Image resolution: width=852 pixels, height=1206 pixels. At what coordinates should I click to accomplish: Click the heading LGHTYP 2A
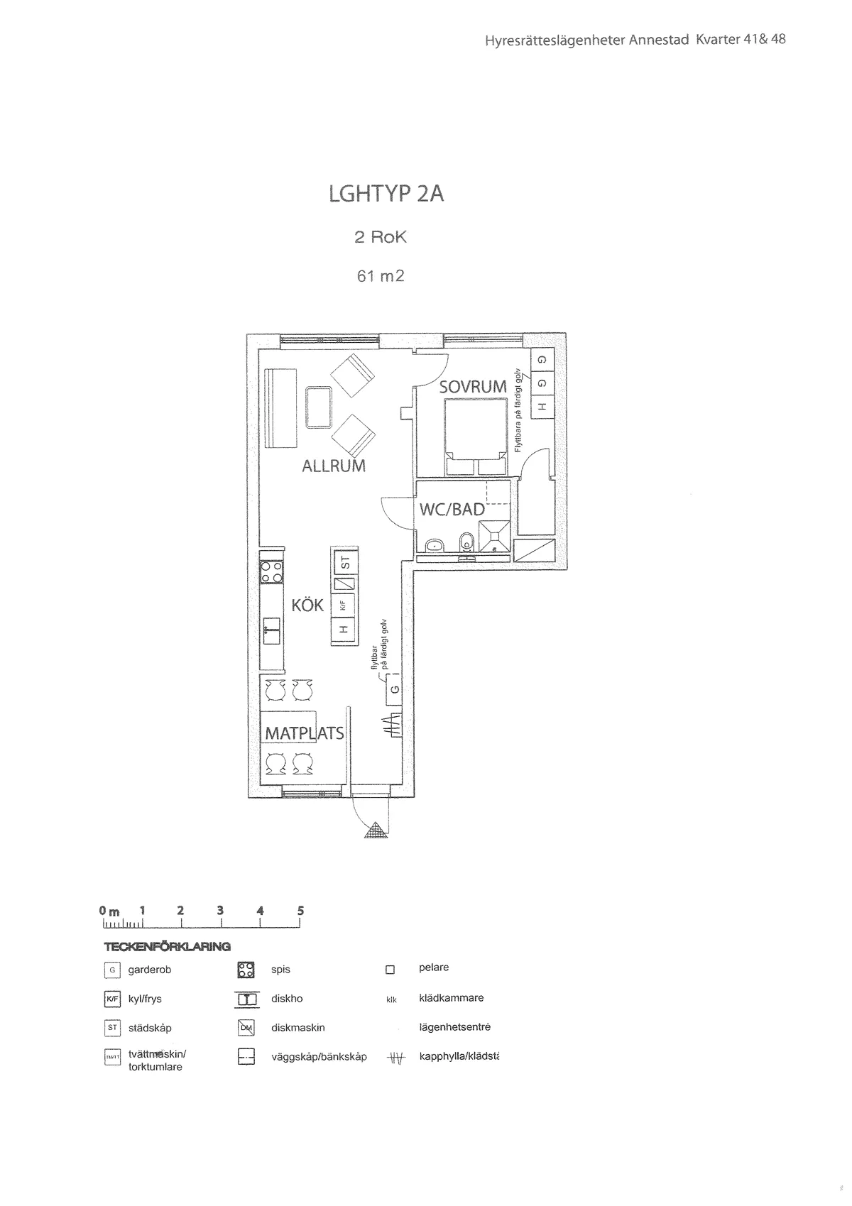tap(386, 193)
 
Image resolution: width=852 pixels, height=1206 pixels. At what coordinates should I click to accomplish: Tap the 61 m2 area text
tap(381, 276)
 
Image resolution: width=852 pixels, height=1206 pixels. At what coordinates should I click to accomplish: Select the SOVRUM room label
tap(472, 387)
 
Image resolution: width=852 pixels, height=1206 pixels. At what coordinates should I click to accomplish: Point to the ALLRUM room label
tap(334, 466)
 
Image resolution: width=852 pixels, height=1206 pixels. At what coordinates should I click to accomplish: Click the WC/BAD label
tap(452, 510)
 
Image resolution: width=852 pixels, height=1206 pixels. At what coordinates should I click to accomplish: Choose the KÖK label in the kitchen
tap(307, 605)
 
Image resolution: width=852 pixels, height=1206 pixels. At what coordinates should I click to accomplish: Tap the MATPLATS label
tap(305, 733)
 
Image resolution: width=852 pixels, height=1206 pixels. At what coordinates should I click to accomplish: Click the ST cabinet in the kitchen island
tap(345, 564)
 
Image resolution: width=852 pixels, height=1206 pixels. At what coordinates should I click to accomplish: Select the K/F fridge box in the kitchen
tap(344, 605)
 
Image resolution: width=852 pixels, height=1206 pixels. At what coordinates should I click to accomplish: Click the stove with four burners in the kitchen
tap(271, 572)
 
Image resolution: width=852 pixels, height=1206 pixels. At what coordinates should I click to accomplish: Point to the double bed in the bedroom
tap(476, 437)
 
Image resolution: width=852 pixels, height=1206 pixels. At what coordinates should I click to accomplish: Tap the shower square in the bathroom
tap(494, 535)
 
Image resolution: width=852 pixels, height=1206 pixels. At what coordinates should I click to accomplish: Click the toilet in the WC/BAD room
tap(466, 542)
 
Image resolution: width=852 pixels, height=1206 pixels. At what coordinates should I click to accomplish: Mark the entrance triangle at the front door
tap(375, 830)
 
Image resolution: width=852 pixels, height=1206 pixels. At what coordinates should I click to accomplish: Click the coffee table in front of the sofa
tap(319, 407)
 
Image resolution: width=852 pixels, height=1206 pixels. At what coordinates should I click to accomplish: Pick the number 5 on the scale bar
tap(301, 911)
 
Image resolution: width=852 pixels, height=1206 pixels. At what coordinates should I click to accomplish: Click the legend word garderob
tap(150, 970)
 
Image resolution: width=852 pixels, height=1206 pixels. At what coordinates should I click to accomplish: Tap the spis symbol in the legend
tap(246, 970)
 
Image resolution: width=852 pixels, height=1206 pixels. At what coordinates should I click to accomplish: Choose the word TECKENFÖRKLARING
tap(167, 947)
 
